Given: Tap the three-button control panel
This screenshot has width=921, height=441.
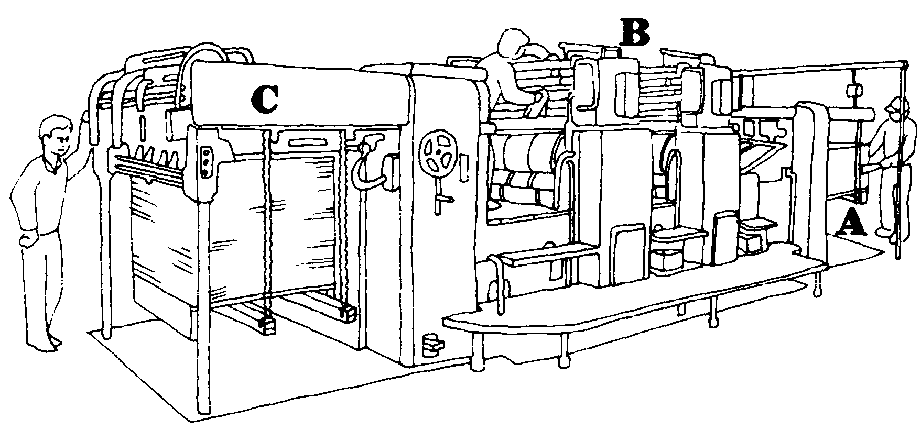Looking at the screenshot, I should (x=206, y=162).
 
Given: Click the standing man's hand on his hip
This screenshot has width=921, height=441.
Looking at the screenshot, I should (x=29, y=241).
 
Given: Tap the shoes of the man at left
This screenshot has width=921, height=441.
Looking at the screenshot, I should (x=45, y=345).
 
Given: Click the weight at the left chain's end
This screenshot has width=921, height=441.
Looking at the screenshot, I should (x=268, y=325).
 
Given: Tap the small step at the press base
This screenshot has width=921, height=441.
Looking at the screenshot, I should (x=433, y=343).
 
